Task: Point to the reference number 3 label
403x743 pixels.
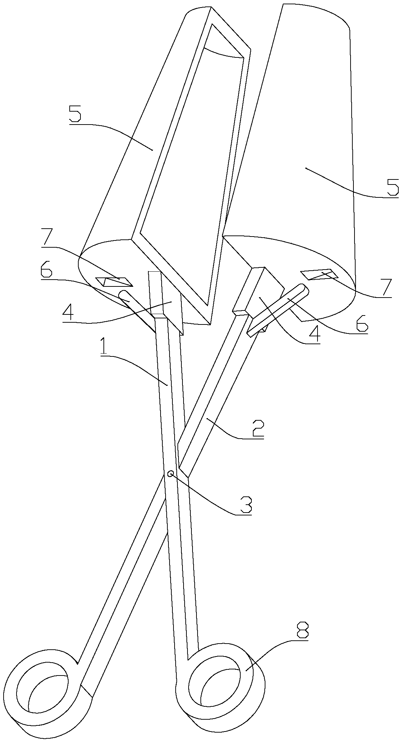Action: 244,505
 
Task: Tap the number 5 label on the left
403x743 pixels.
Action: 75,114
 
